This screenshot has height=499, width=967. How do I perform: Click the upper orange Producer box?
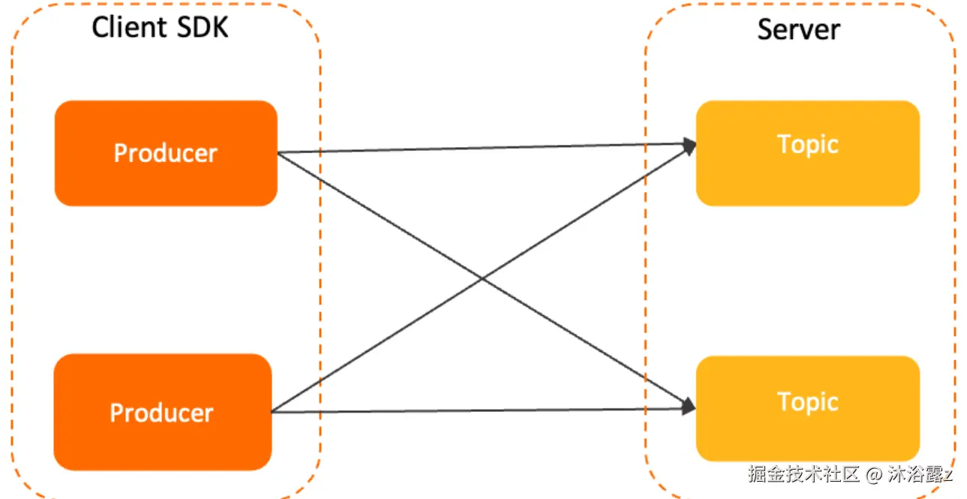166,153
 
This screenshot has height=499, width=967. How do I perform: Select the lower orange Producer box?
162,412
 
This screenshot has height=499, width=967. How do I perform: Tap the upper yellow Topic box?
807,152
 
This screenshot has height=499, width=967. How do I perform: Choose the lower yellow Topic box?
807,409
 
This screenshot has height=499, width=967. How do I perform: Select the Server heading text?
798,30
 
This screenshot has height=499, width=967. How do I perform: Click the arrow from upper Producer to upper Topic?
480,148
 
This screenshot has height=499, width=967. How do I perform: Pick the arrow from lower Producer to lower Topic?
480,410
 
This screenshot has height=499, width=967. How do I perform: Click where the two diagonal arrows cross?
481,280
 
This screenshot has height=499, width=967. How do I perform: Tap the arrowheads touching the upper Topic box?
689,144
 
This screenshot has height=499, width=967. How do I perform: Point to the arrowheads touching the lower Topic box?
688,406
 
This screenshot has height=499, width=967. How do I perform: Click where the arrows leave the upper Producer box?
279,153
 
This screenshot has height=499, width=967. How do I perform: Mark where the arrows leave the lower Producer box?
273,411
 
